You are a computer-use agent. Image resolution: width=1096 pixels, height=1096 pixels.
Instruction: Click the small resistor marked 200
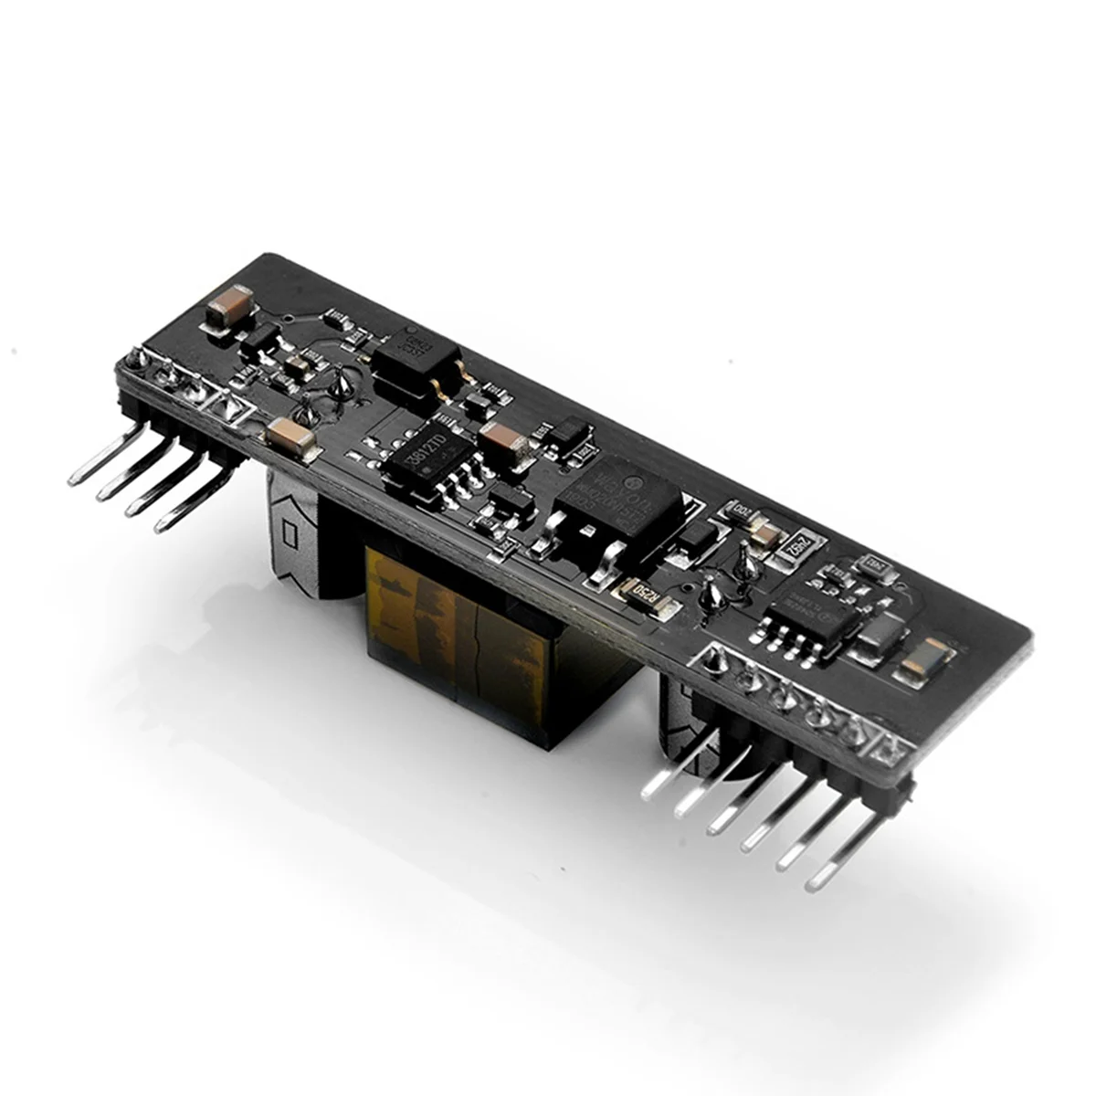(x=739, y=511)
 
